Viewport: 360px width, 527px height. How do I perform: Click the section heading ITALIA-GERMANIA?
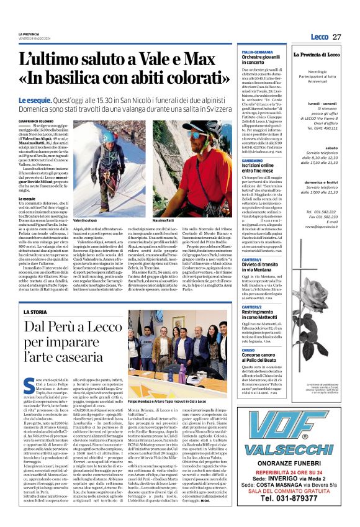[257, 52]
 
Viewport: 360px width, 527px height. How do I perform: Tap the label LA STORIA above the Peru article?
[35, 312]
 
